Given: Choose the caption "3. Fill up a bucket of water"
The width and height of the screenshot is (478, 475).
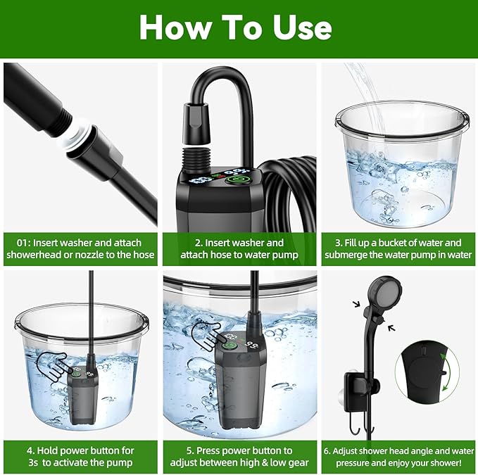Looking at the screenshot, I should (x=397, y=243).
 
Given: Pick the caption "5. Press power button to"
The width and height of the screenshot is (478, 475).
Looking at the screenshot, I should (x=239, y=450).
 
